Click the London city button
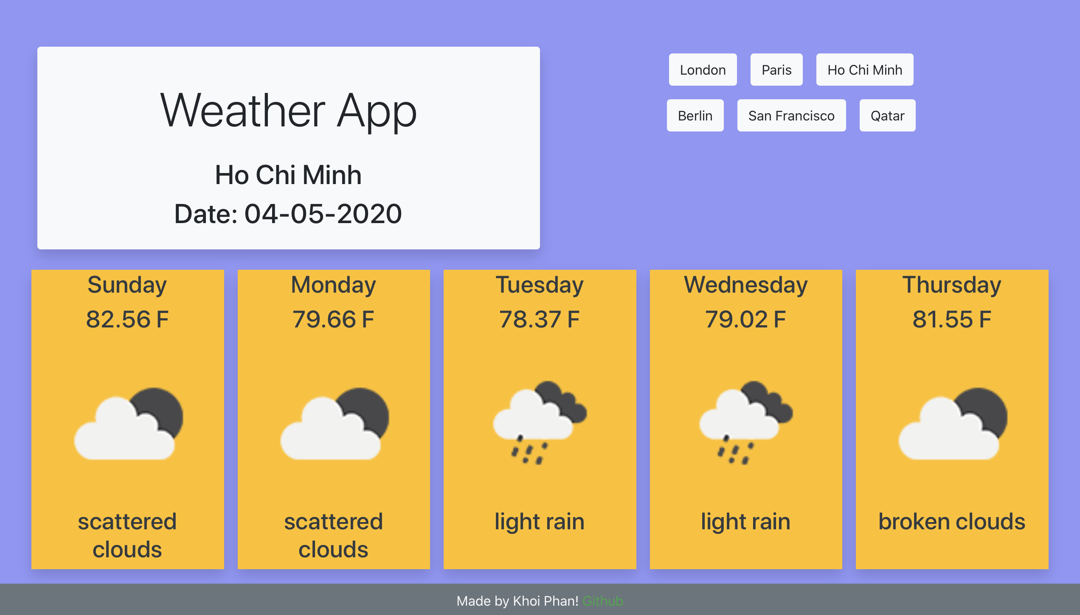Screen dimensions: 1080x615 (703, 70)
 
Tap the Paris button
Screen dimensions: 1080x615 (776, 70)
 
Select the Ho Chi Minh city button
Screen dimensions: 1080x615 (865, 70)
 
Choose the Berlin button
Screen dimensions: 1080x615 (695, 115)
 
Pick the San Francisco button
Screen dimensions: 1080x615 (791, 115)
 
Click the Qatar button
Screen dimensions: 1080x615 (887, 115)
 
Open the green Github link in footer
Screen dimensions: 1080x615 (603, 601)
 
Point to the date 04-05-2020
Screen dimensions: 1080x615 (323, 213)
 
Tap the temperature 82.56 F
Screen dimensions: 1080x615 (127, 319)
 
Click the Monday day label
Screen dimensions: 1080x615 (333, 285)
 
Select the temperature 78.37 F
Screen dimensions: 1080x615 (540, 319)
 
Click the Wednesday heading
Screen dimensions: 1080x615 (746, 285)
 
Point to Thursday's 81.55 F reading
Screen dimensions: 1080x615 (952, 319)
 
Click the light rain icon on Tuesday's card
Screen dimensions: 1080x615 (540, 422)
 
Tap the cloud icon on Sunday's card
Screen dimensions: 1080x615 (128, 423)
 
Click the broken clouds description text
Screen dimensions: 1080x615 (952, 521)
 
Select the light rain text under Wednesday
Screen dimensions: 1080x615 (746, 522)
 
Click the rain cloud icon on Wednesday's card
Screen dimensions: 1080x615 (746, 422)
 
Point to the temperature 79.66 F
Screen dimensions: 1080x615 (333, 319)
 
